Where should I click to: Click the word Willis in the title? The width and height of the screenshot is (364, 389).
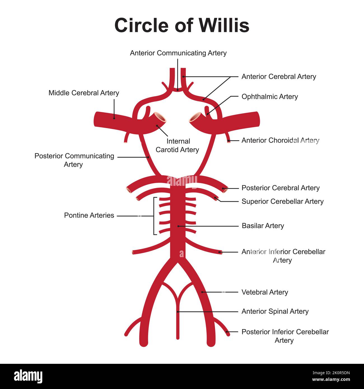[x=224, y=25]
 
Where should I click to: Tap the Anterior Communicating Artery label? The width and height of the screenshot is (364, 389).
[x=178, y=53]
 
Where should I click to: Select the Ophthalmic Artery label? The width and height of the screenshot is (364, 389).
[x=270, y=97]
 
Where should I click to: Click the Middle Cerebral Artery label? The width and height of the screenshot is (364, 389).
[x=84, y=93]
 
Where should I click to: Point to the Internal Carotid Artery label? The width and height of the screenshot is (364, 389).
[x=177, y=146]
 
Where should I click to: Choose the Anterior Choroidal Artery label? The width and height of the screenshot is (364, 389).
[x=280, y=140]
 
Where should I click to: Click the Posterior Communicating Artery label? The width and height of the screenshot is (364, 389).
[x=74, y=160]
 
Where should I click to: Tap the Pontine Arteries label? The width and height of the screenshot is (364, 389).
[x=89, y=215]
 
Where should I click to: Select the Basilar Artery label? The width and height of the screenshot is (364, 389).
[x=263, y=226]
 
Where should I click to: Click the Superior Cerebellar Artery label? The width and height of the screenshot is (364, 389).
[x=282, y=201]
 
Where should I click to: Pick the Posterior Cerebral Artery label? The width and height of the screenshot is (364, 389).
[x=280, y=188]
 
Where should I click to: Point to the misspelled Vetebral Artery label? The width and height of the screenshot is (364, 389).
[x=265, y=292]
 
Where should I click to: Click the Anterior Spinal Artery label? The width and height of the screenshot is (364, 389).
[x=275, y=311]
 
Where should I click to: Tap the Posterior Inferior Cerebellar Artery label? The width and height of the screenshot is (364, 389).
[x=285, y=336]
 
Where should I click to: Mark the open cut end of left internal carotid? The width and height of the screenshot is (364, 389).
[x=160, y=116]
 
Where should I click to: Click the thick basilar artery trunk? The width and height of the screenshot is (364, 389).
[x=178, y=238]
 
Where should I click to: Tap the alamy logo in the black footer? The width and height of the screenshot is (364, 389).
[x=28, y=376]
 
